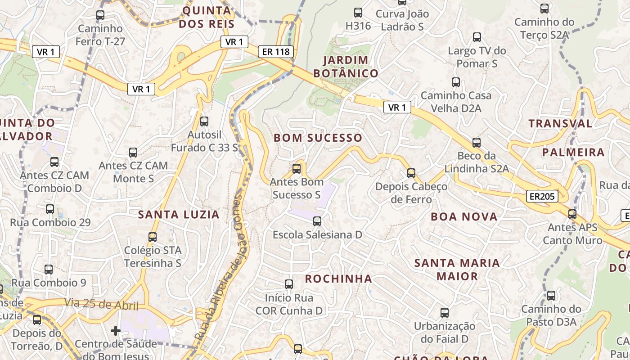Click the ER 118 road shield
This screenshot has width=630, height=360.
click(x=276, y=52)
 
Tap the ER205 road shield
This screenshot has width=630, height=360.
click(x=542, y=196)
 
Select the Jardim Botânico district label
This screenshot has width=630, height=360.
click(x=346, y=67)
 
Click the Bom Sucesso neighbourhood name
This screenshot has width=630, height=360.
click(x=318, y=138)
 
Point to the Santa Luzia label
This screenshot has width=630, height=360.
click(x=179, y=215)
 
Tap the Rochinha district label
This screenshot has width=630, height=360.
click(x=338, y=279)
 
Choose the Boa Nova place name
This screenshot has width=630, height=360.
click(x=464, y=217)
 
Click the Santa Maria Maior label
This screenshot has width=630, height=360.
click(x=457, y=269)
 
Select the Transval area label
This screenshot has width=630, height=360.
click(x=560, y=123)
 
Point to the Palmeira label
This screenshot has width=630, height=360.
click(x=573, y=153)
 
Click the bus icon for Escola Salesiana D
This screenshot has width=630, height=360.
click(x=317, y=221)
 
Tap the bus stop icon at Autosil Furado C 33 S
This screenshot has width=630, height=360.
click(x=204, y=121)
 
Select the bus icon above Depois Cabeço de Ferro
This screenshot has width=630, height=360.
click(x=411, y=173)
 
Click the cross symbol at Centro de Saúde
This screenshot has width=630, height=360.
click(x=116, y=331)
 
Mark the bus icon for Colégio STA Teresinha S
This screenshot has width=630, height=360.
click(x=153, y=237)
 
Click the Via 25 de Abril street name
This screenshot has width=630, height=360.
click(x=101, y=305)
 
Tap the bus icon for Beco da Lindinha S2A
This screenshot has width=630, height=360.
click(x=476, y=143)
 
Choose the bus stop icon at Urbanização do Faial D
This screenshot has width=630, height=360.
click(x=445, y=312)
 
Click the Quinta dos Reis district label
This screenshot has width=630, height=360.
click(x=207, y=17)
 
